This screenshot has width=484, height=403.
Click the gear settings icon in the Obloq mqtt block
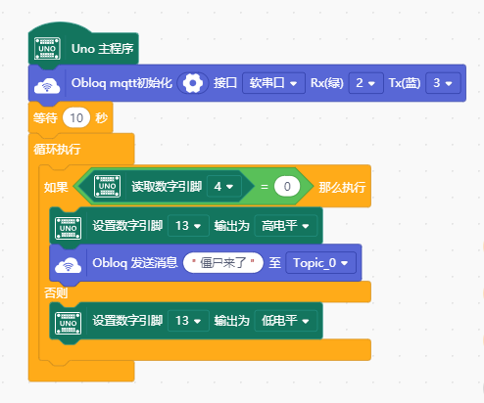point(193,83)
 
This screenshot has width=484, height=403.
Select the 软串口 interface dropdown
point(273,83)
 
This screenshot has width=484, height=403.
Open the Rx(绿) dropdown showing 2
point(365,83)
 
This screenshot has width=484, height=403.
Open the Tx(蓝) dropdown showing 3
point(443,83)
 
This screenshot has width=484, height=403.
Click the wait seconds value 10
point(76,117)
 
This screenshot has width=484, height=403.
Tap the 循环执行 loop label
point(57,150)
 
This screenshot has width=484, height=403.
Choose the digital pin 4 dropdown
point(224,187)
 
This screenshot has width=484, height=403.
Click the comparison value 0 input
point(287,187)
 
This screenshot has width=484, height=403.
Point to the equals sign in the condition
point(265,187)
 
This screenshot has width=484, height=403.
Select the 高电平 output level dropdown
point(285,226)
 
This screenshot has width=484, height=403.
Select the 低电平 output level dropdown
point(285,321)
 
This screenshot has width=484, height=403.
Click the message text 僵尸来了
point(223,262)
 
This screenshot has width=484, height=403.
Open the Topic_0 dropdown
point(320,262)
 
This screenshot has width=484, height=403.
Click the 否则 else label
point(56,292)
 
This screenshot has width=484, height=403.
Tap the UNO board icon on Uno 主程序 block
point(47,49)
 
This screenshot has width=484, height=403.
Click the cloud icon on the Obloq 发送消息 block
point(68,264)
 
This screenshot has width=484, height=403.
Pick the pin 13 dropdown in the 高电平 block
point(188,226)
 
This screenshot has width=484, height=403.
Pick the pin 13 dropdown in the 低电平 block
point(188,321)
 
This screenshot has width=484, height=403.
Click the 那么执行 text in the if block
point(342,187)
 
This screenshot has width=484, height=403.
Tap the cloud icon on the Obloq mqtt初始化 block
point(47,85)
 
